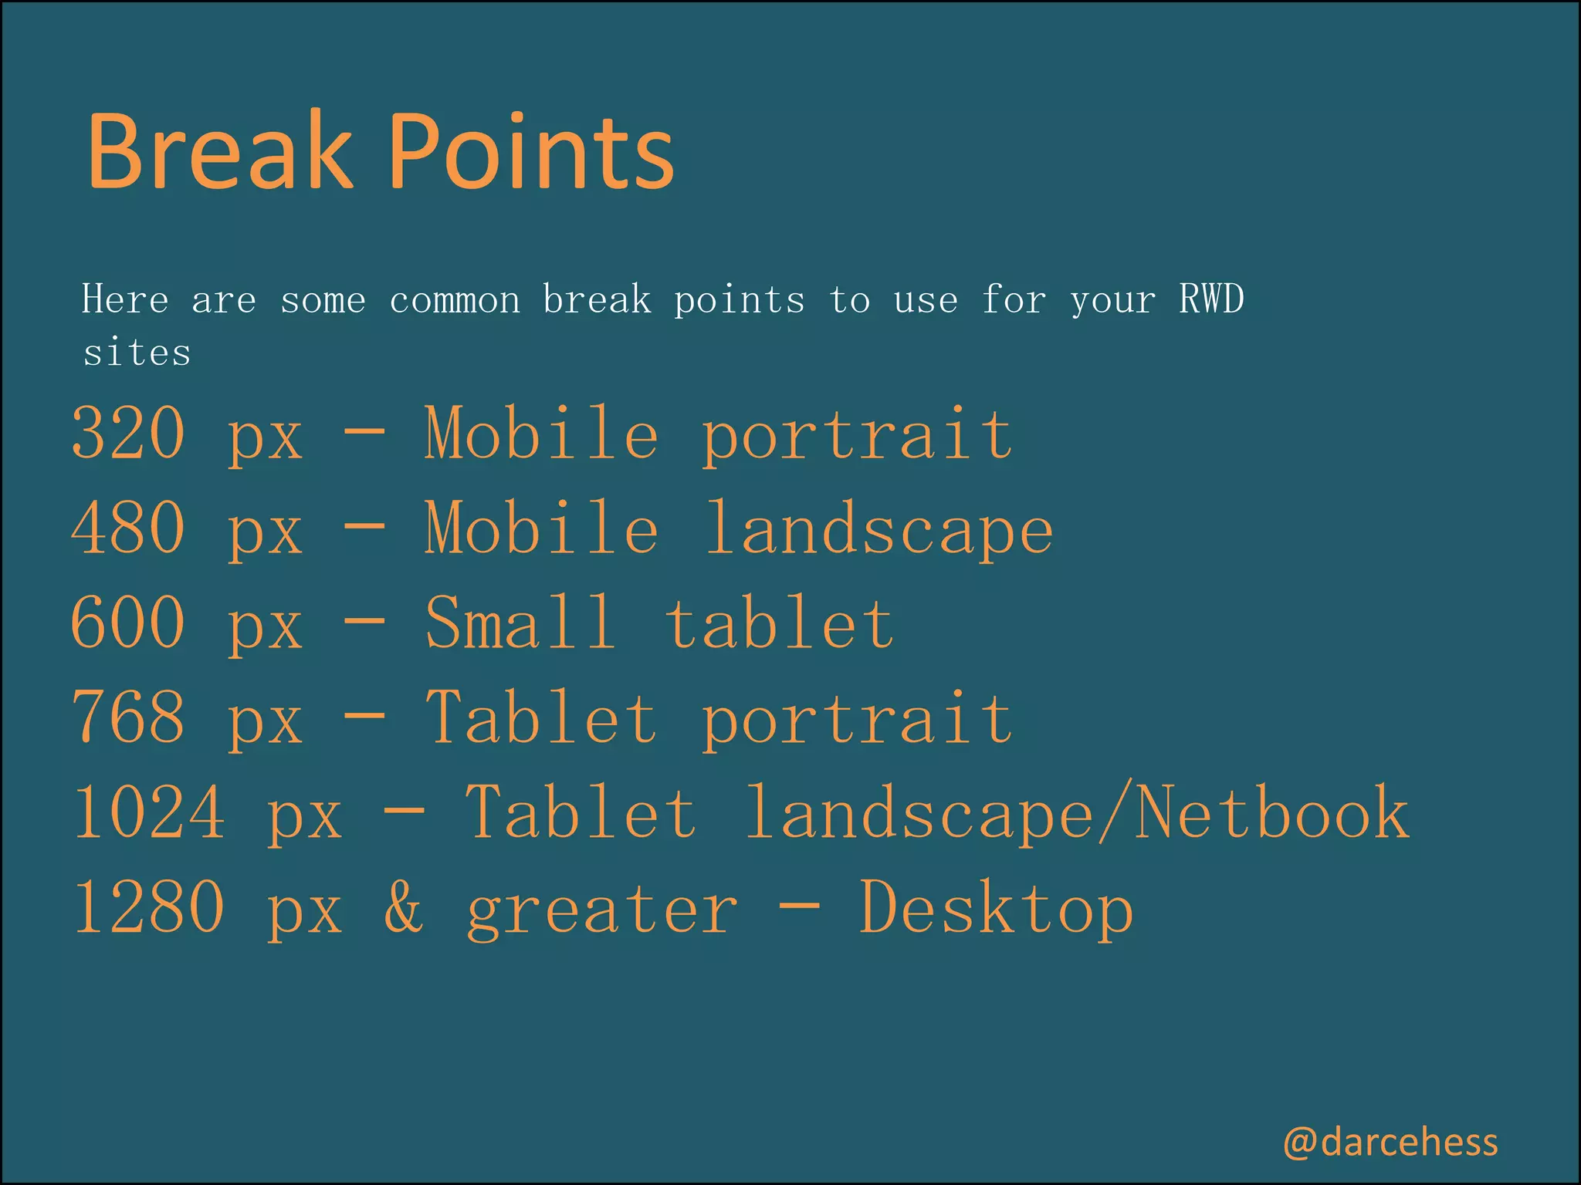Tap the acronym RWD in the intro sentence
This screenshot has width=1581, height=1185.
click(1211, 299)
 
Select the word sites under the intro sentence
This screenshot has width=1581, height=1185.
click(137, 353)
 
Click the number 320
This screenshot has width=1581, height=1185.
click(128, 433)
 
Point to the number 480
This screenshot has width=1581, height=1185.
click(128, 528)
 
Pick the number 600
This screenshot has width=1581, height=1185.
click(128, 623)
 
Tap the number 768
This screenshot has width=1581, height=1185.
click(128, 717)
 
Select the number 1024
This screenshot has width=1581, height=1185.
click(149, 812)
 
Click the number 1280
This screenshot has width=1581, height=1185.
click(149, 907)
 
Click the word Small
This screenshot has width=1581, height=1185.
click(521, 623)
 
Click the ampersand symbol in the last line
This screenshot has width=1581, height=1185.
click(404, 907)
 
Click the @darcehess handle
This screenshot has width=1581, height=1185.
click(1390, 1142)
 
